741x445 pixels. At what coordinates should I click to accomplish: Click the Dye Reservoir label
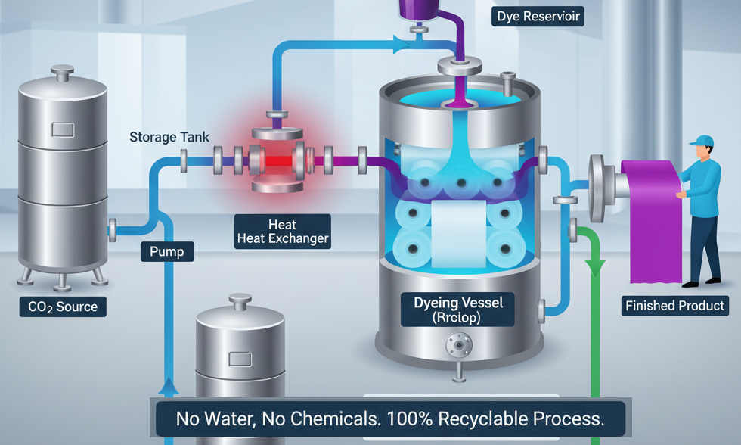click(540, 15)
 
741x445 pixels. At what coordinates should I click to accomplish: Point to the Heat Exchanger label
click(283, 232)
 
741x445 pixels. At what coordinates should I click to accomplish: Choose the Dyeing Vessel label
click(458, 310)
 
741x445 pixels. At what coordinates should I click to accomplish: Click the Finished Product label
click(674, 307)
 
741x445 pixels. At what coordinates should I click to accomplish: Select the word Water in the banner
click(230, 419)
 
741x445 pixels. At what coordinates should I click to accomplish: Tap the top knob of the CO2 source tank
click(61, 73)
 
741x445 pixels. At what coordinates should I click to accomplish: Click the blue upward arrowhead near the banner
click(169, 388)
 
